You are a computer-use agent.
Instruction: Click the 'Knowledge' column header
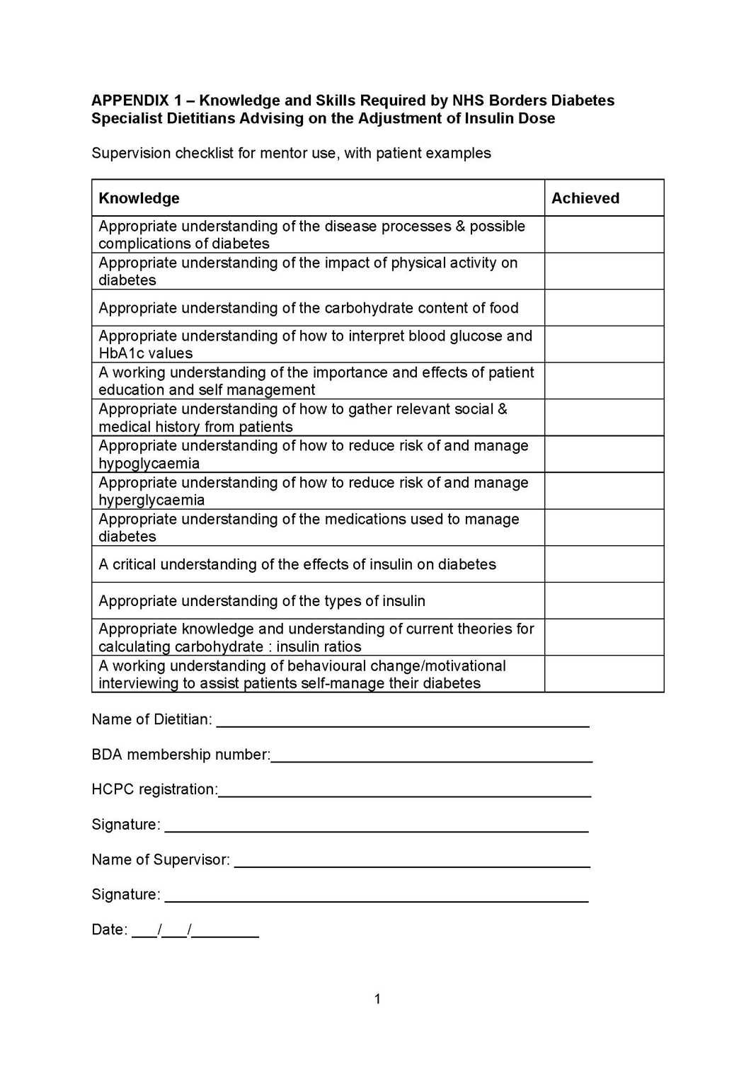click(x=139, y=198)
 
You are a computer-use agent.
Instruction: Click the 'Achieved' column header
click(x=585, y=198)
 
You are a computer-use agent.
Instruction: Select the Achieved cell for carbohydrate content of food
click(x=604, y=308)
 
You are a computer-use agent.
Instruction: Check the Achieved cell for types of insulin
click(x=604, y=601)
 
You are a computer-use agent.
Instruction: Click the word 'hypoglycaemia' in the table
click(x=149, y=464)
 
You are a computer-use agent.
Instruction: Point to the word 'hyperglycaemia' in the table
click(x=151, y=501)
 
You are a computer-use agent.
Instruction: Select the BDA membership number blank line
click(x=431, y=758)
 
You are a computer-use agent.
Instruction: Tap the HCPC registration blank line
click(x=404, y=792)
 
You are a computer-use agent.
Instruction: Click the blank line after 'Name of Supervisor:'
click(x=412, y=862)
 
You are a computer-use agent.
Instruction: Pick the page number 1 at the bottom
click(x=377, y=999)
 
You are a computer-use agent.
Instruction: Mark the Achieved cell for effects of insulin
click(x=604, y=564)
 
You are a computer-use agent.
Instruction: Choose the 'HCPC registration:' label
click(x=154, y=789)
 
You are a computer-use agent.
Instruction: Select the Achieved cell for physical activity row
click(x=604, y=271)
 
